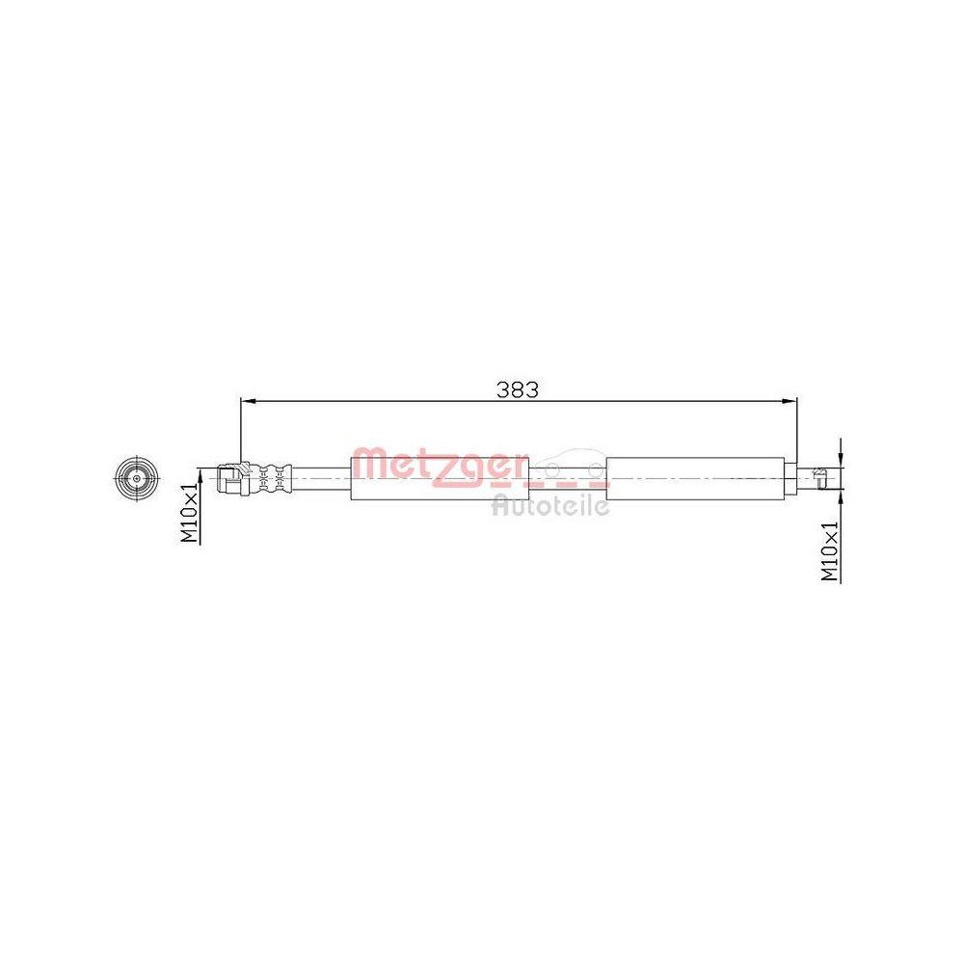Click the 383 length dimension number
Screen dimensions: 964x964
(x=518, y=389)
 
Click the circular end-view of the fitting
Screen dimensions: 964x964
(x=135, y=478)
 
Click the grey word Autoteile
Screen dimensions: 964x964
(x=550, y=504)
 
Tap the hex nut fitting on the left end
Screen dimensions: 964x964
(x=232, y=477)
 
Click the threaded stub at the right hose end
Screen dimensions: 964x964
(x=819, y=478)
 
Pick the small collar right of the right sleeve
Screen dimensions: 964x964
(x=793, y=477)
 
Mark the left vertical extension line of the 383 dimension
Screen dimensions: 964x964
(x=240, y=429)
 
